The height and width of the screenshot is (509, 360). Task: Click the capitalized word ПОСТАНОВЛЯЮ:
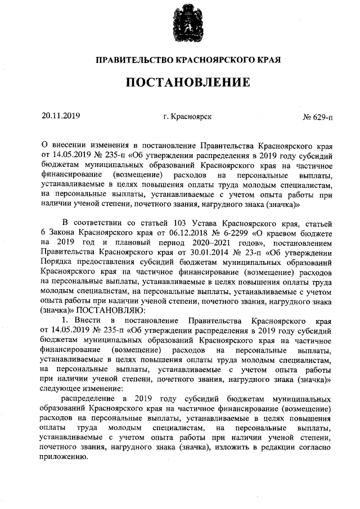[x=106, y=310]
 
